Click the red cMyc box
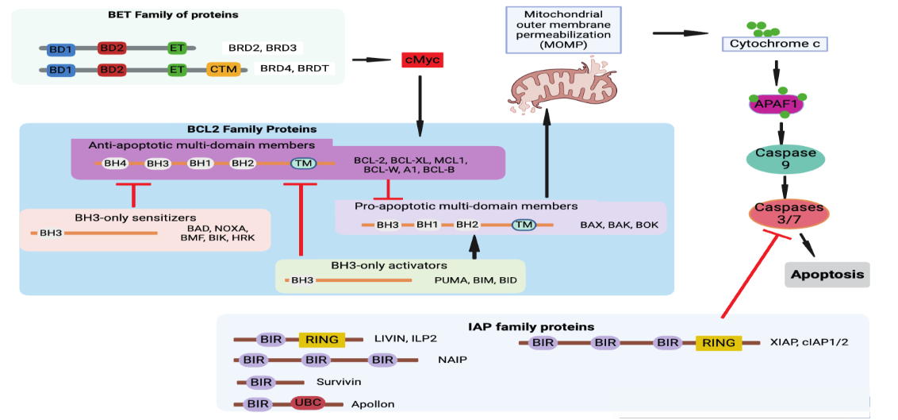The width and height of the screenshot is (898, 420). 421,60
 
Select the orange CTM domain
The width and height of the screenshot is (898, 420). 224,69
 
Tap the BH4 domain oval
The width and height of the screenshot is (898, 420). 114,164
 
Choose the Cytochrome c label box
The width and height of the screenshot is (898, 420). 773,44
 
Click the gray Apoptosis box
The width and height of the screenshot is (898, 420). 827,274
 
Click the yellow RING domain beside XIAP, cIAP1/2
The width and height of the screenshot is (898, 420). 719,343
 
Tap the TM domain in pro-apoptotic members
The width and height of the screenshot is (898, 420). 524,225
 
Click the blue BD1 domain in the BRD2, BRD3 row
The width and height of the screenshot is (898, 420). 60,48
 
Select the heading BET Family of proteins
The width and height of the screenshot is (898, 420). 172,14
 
